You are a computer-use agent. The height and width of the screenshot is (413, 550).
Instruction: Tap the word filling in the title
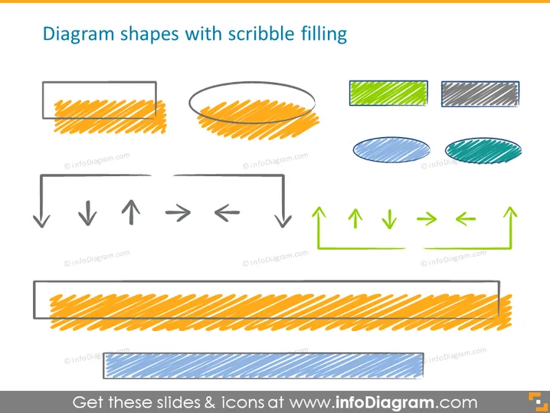(x=324, y=34)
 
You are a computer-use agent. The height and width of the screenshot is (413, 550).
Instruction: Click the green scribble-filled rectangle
(x=388, y=93)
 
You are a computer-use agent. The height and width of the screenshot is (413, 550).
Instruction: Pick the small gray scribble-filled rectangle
(x=480, y=93)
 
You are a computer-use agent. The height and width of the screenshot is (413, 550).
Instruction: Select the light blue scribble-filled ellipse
(x=391, y=150)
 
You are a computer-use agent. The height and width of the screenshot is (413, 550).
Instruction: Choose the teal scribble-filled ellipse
(x=483, y=150)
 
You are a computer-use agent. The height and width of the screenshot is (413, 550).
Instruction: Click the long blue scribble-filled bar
(x=263, y=365)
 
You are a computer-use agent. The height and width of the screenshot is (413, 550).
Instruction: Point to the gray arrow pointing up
(x=131, y=212)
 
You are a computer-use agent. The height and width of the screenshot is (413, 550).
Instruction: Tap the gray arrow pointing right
(x=178, y=212)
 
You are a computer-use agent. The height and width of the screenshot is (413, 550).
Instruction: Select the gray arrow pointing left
(x=227, y=213)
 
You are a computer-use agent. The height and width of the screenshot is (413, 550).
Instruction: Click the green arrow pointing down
(x=389, y=219)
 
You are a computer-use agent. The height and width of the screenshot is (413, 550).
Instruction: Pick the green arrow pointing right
(x=427, y=219)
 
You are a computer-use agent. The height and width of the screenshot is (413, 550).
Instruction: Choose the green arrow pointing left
(x=466, y=219)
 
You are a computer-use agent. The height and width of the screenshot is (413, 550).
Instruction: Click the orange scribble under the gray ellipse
(x=258, y=120)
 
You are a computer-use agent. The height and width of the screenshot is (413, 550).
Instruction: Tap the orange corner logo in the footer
(x=538, y=402)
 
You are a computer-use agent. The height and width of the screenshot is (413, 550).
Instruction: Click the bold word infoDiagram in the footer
(x=385, y=402)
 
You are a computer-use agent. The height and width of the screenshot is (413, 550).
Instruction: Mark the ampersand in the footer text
(x=210, y=402)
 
